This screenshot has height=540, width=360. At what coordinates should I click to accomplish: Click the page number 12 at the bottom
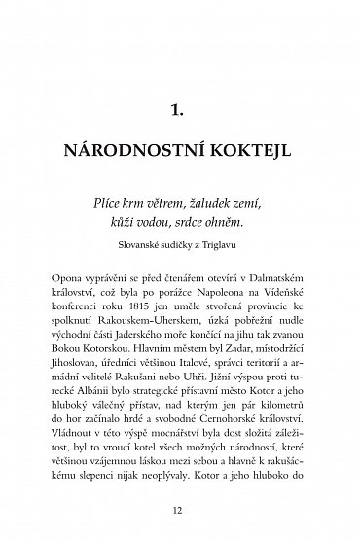click(180, 507)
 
